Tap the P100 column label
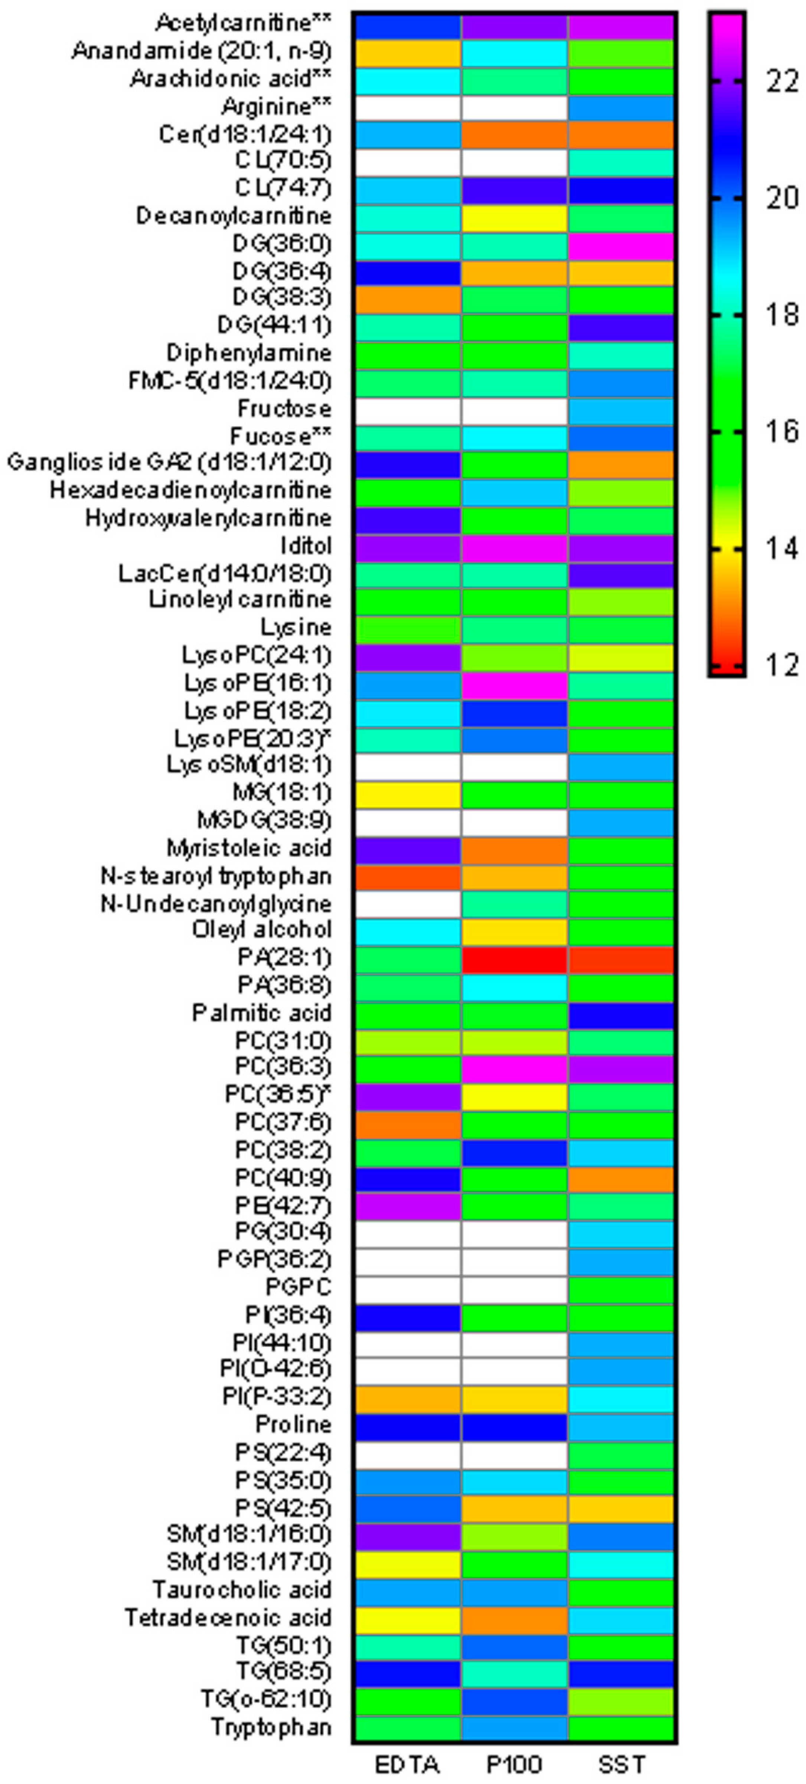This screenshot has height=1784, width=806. [x=514, y=1765]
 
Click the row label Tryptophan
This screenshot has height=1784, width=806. [x=271, y=1727]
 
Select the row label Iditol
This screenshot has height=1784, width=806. [x=306, y=546]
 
